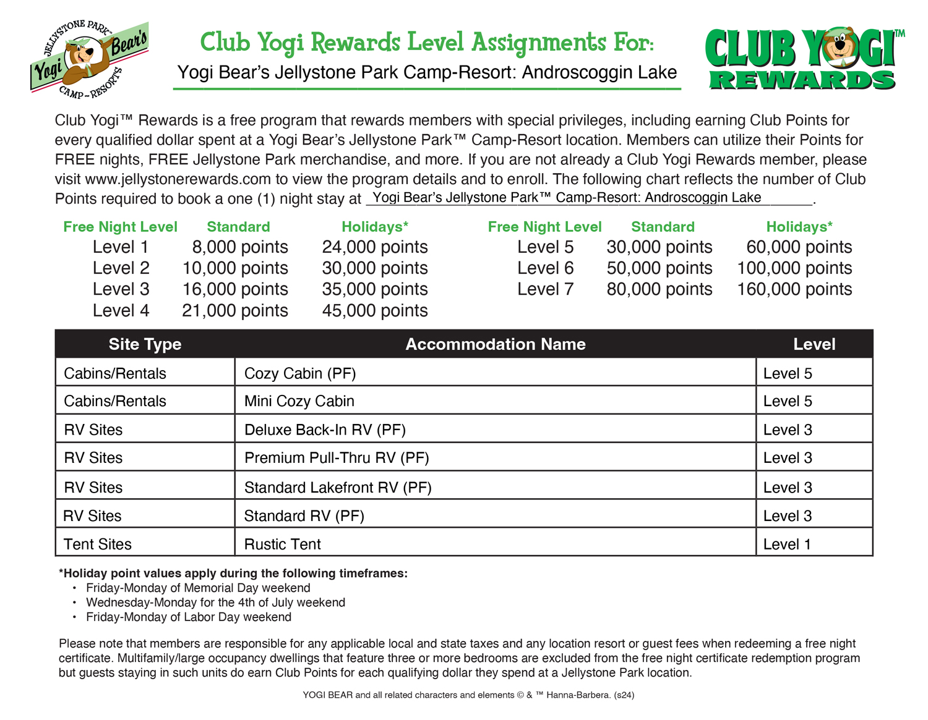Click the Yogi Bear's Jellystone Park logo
[x=90, y=59]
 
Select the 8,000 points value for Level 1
[x=239, y=247]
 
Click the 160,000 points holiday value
[x=794, y=289]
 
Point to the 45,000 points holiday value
[x=375, y=310]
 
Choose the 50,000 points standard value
[x=659, y=268]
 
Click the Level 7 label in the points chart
[x=545, y=289]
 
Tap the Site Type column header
[x=145, y=344]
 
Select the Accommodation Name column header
[x=495, y=344]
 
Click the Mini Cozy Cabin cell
[x=299, y=401]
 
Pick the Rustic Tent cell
[x=283, y=544]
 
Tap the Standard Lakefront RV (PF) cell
[x=338, y=488]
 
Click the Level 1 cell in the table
[x=787, y=544]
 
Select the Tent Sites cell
[x=98, y=544]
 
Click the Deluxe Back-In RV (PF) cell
[x=325, y=430]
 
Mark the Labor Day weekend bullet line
[x=188, y=617]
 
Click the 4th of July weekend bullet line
[x=215, y=603]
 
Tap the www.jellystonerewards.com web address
[x=178, y=179]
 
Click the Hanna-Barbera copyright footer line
[x=468, y=695]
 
